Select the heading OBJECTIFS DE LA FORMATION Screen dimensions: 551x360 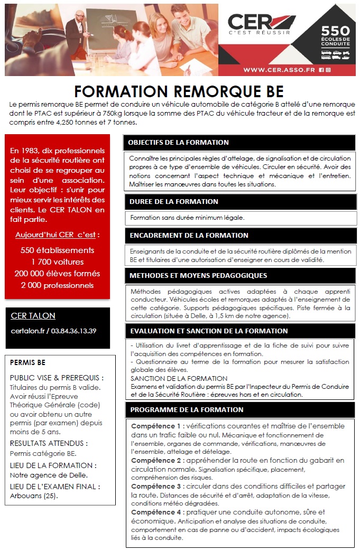click(x=178, y=143)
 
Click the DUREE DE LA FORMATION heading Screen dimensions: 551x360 click(x=174, y=201)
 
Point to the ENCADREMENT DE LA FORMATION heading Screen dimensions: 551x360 click(x=189, y=235)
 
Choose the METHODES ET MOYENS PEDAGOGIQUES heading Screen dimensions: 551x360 click(x=198, y=275)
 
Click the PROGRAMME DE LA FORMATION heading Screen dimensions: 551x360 click(x=187, y=409)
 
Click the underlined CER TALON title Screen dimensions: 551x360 click(x=33, y=316)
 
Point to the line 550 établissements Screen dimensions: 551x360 click(x=57, y=250)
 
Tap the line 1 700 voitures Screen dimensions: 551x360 click(x=57, y=262)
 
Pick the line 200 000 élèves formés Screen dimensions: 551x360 click(x=57, y=274)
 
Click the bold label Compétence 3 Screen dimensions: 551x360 click(x=156, y=487)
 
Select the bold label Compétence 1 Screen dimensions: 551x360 click(x=156, y=426)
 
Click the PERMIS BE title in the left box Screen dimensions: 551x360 click(x=27, y=362)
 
